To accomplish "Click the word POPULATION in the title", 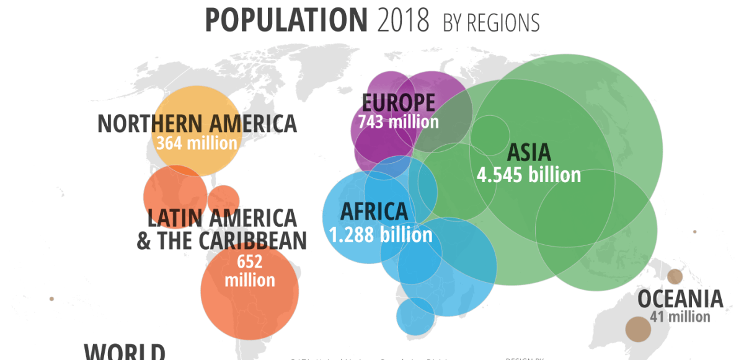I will click(x=286, y=20).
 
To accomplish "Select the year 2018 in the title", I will click(x=402, y=20).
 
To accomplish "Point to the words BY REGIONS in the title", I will click(x=491, y=23).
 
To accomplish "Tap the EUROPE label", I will click(x=398, y=102).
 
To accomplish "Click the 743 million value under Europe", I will click(x=398, y=121).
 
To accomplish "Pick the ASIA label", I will click(x=529, y=153).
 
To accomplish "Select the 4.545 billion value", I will click(x=529, y=175).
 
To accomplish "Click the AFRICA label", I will click(x=374, y=212).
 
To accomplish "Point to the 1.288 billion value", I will click(x=381, y=235).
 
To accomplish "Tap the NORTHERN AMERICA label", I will click(x=197, y=123).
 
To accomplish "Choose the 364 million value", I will click(x=197, y=143).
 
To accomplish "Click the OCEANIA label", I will click(x=680, y=299).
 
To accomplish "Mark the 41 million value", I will click(x=680, y=317).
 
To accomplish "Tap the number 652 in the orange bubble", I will click(x=249, y=261).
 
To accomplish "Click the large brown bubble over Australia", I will click(x=637, y=329).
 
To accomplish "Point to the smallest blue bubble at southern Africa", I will click(x=415, y=315).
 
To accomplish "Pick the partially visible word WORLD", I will click(x=125, y=352).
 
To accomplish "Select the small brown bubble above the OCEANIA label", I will click(x=675, y=276).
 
